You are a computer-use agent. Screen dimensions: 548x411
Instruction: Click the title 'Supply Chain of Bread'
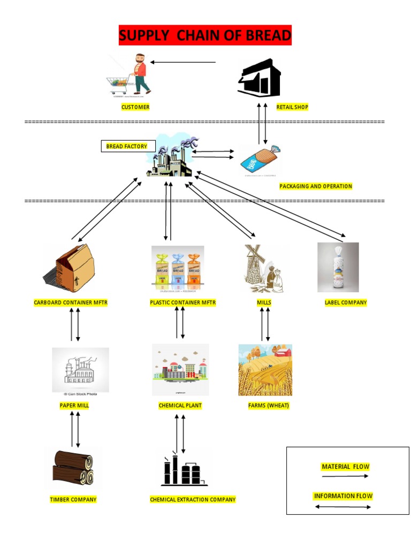click(x=205, y=36)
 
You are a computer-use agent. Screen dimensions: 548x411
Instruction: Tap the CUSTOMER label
click(x=135, y=107)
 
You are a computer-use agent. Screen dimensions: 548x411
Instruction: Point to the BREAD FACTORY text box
click(x=127, y=146)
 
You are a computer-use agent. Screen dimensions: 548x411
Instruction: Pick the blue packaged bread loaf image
click(x=260, y=160)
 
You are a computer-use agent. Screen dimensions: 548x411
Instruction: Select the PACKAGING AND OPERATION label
click(x=316, y=186)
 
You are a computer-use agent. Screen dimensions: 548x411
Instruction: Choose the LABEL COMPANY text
click(x=346, y=302)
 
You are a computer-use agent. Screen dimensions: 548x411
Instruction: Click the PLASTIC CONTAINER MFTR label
click(x=183, y=302)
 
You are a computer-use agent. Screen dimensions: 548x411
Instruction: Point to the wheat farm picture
click(x=265, y=370)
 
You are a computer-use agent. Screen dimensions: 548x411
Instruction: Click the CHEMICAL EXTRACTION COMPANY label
click(x=193, y=499)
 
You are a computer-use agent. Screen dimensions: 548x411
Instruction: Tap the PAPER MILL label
click(x=74, y=406)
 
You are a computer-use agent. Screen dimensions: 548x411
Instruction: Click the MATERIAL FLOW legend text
click(x=345, y=467)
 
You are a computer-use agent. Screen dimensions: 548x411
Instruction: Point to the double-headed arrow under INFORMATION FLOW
click(x=343, y=507)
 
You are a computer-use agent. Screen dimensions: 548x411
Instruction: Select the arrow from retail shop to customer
click(x=183, y=62)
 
